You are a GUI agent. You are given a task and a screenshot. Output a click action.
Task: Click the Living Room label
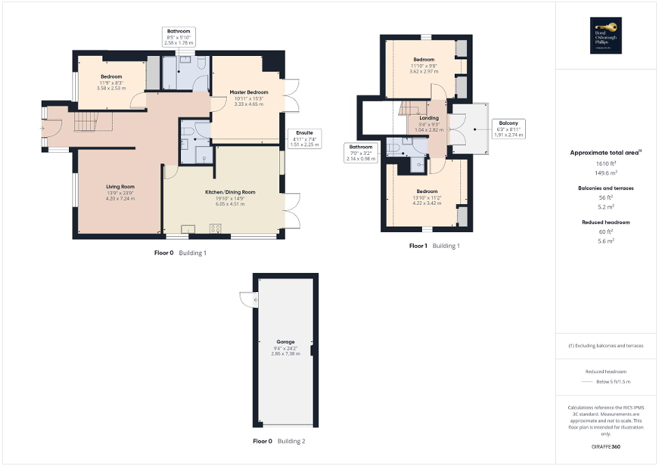click(120, 186)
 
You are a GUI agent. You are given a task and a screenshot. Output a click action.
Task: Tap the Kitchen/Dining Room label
click(230, 192)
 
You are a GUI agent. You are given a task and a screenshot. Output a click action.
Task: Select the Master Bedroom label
click(249, 92)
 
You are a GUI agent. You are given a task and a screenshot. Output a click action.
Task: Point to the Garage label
click(285, 341)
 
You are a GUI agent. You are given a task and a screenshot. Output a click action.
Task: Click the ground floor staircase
click(86, 122)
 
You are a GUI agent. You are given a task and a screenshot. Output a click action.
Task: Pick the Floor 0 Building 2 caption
click(279, 441)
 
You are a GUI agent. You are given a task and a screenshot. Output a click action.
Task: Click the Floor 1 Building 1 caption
click(434, 246)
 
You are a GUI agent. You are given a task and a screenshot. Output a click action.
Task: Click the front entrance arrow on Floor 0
click(43, 128)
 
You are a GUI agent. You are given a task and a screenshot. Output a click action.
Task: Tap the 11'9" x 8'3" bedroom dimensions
click(111, 83)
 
